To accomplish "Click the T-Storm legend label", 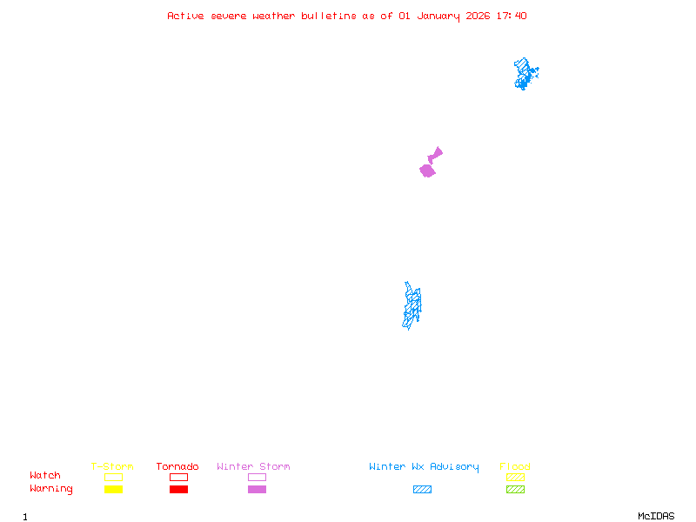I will pyautogui.click(x=112, y=467).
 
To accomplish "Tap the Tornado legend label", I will pyautogui.click(x=177, y=467).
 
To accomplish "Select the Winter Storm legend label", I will pyautogui.click(x=253, y=467).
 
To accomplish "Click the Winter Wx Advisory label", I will pyautogui.click(x=424, y=467).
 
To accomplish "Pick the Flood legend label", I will pyautogui.click(x=515, y=467).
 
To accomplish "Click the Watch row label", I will pyautogui.click(x=45, y=476).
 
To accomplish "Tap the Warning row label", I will pyautogui.click(x=51, y=489).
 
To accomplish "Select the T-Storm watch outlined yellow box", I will pyautogui.click(x=113, y=477).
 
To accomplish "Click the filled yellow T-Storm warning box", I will pyautogui.click(x=113, y=490).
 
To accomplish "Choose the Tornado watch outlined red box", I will pyautogui.click(x=178, y=477).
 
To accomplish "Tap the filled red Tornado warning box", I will pyautogui.click(x=178, y=490).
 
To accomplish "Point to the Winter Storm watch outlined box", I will pyautogui.click(x=257, y=477).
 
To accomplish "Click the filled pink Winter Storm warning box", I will pyautogui.click(x=257, y=490).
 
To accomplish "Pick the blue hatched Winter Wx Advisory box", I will pyautogui.click(x=422, y=490).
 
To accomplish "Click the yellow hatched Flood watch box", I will pyautogui.click(x=515, y=477).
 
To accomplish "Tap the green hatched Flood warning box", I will pyautogui.click(x=515, y=490).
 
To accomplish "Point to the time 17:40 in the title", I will pyautogui.click(x=512, y=16).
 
